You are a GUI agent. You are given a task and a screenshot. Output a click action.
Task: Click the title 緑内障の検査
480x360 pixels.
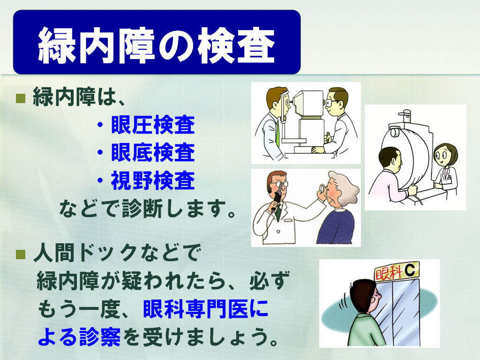pos(157,45)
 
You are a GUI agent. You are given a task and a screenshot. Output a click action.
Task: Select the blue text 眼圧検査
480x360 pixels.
pos(153,125)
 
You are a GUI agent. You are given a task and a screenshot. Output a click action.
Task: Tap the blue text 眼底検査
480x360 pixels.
pos(153,152)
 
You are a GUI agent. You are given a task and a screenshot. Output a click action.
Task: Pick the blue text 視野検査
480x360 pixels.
pos(153,180)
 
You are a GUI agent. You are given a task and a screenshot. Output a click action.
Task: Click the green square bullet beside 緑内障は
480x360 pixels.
pos(21,98)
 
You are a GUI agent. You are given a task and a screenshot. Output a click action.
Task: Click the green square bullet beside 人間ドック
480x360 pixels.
pos(21,254)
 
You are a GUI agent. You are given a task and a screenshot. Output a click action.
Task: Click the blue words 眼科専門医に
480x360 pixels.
pos(205,308)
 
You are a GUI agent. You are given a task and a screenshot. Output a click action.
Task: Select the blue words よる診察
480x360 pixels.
pos(79,337)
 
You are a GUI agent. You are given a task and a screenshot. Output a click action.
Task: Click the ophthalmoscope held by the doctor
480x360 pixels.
pos(277,198)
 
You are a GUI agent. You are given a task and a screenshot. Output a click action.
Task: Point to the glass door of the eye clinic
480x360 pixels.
pos(397,312)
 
